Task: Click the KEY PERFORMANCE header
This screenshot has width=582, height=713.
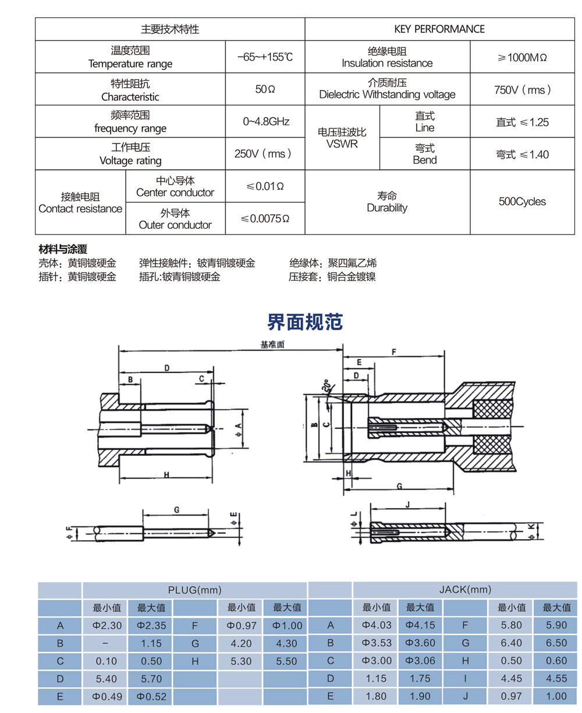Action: pyautogui.click(x=439, y=29)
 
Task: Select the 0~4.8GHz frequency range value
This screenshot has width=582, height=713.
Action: pyautogui.click(x=266, y=122)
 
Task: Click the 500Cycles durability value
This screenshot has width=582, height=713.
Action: pyautogui.click(x=522, y=202)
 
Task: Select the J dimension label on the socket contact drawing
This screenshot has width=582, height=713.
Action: pyautogui.click(x=407, y=505)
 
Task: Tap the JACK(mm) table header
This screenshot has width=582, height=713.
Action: pyautogui.click(x=464, y=590)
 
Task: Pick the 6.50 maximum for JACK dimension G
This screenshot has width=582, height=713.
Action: pyautogui.click(x=555, y=643)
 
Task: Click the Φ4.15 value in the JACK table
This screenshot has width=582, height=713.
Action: pyautogui.click(x=420, y=626)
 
